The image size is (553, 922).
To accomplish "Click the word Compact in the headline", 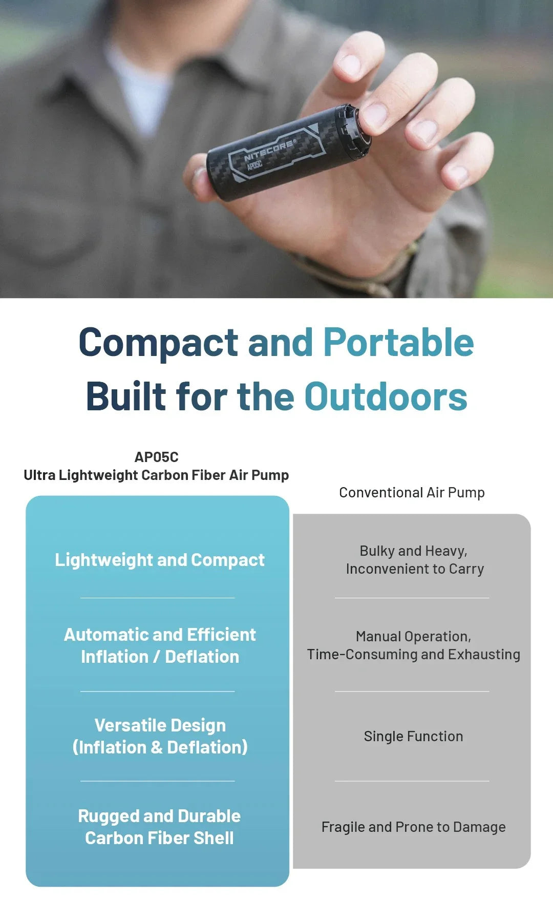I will pos(158,343).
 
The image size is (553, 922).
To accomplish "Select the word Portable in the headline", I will pos(398,343).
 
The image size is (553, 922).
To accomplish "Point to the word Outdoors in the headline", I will pos(386,397).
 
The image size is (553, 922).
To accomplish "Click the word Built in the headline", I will pos(126,397).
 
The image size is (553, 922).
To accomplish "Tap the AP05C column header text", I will pos(156,457).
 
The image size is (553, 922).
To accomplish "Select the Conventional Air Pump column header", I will pos(412,493).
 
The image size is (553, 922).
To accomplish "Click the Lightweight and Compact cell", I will pos(160,560).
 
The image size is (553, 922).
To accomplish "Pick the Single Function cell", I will pos(413,737).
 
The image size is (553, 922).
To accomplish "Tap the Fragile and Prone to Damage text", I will pos(413,827).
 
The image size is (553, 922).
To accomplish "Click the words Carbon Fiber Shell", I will pos(159,838).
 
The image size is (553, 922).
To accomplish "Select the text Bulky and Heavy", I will pos(413,551).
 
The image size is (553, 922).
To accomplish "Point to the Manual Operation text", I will pos(413,637).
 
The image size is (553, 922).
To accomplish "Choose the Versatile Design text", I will pos(160,725).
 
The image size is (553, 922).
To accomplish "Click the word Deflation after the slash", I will pos(202,657).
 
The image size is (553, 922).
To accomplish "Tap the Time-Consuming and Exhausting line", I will pos(413,655).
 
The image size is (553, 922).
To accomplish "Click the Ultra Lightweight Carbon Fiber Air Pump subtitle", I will pos(156,475).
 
